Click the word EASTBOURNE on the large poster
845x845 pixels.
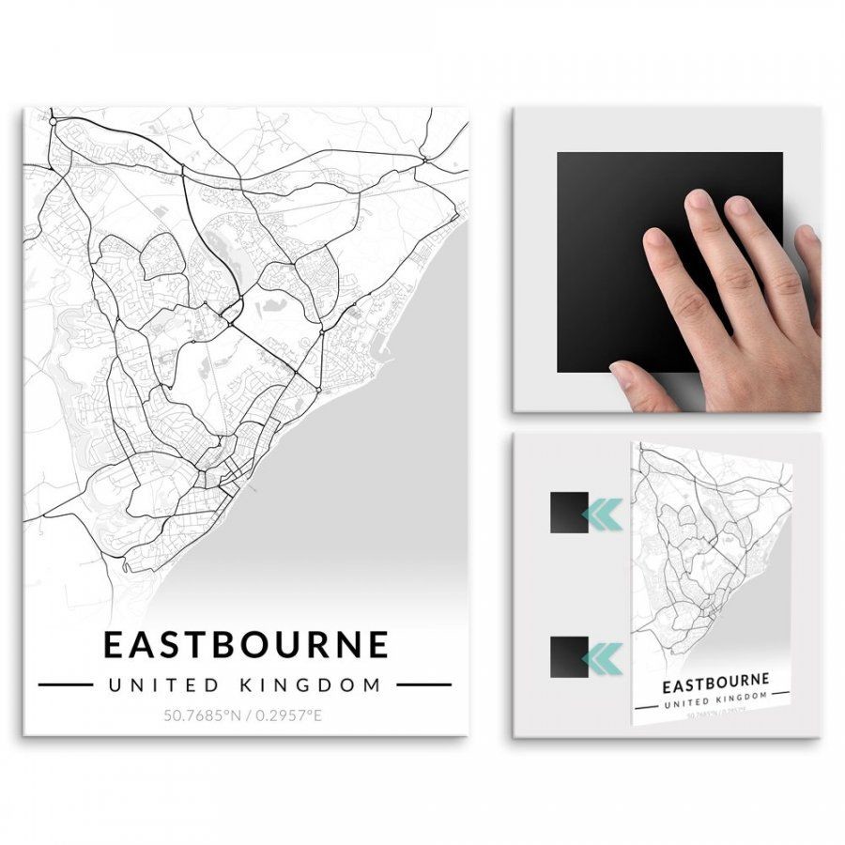tap(245, 645)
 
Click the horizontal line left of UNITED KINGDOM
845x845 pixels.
tap(65, 684)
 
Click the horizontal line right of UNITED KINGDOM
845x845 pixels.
tap(423, 684)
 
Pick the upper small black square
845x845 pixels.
tap(569, 513)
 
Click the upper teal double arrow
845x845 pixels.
tap(602, 513)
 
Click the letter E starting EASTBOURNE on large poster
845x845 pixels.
tap(113, 645)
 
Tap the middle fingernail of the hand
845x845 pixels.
tap(699, 200)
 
